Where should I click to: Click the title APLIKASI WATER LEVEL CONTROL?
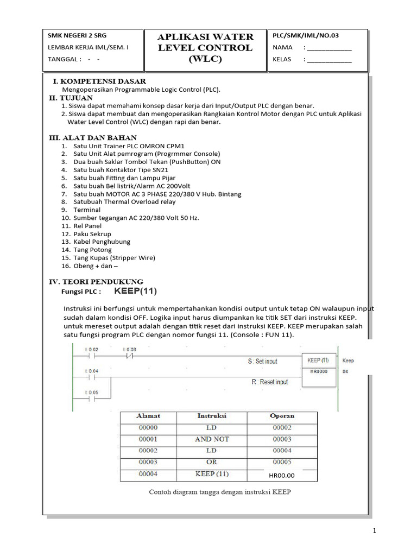[x=205, y=48]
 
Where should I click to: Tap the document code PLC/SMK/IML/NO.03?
[x=306, y=36]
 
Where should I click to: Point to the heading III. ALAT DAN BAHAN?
[x=93, y=138]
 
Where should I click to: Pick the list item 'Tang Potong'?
[x=93, y=250]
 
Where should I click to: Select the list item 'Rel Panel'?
[x=87, y=226]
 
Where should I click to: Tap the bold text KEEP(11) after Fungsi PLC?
[x=135, y=291]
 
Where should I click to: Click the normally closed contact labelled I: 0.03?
[x=129, y=356]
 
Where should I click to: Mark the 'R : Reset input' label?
[x=270, y=382]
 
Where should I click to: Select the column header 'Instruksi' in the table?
[x=211, y=416]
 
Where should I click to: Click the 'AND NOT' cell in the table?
[x=212, y=439]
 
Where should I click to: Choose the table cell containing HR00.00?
[x=281, y=476]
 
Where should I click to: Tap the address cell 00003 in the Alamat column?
[x=148, y=462]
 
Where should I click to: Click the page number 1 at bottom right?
[x=375, y=530]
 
